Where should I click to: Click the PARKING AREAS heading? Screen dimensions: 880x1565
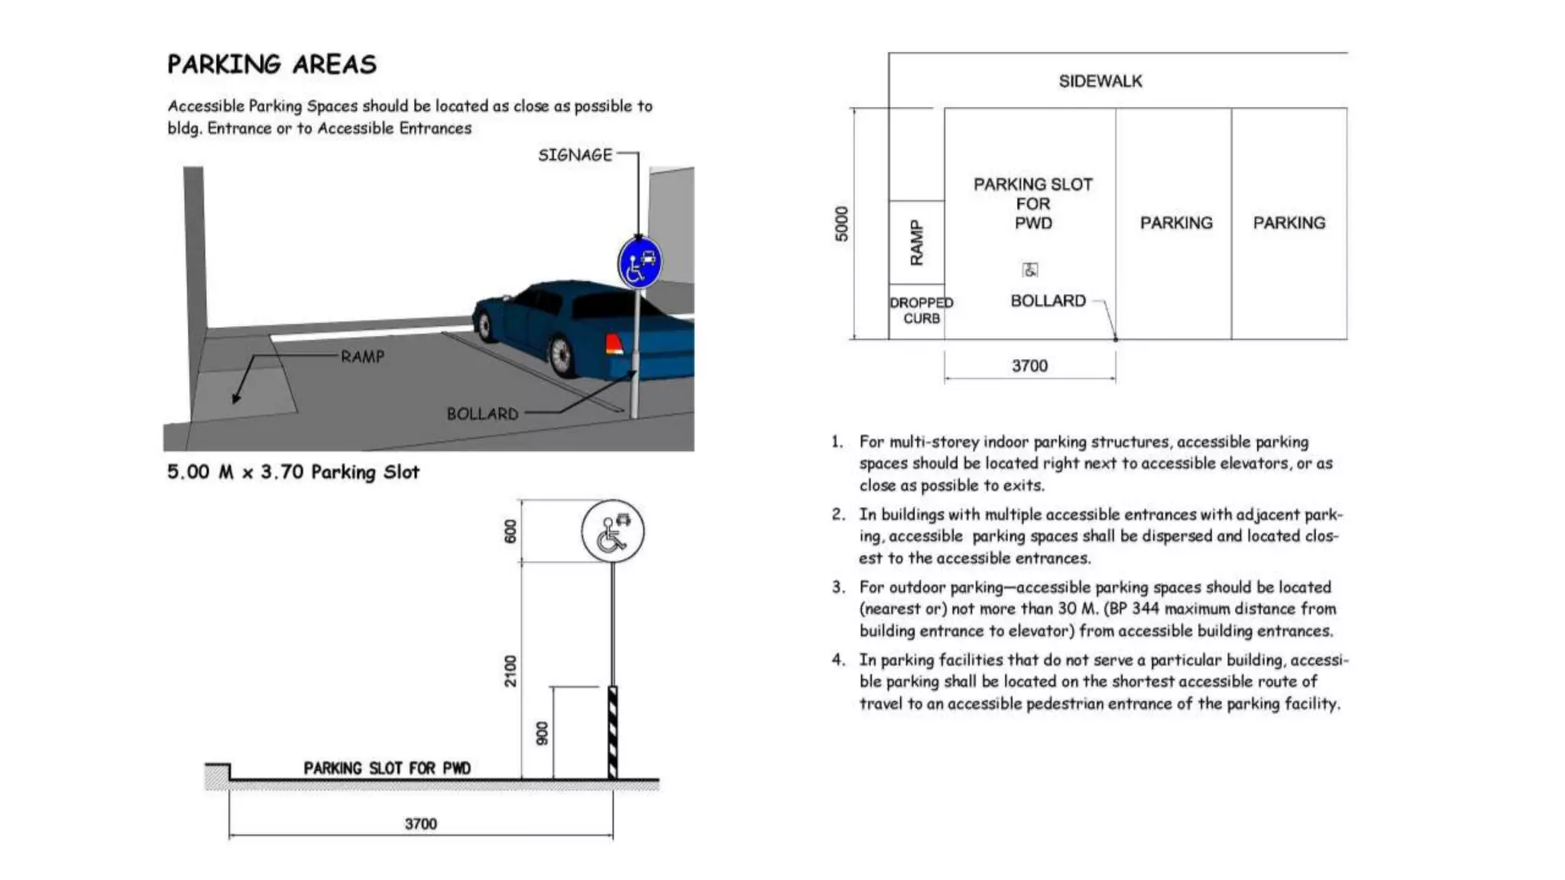[x=271, y=64]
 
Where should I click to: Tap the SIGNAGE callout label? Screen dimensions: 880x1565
[x=575, y=155]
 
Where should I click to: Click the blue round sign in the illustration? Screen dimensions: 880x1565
[x=640, y=263]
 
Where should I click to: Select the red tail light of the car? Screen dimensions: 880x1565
[x=614, y=344]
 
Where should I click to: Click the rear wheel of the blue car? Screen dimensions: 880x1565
[x=561, y=355]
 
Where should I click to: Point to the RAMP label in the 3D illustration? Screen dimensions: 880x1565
[x=362, y=357]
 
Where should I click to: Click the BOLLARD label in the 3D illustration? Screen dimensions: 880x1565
[x=482, y=414]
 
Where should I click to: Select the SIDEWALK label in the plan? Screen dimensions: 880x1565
[x=1100, y=81]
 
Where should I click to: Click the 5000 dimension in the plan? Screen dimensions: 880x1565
[x=841, y=224]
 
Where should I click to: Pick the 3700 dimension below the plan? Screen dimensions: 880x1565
[x=1029, y=366]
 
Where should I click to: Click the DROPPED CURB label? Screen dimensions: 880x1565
[x=921, y=311]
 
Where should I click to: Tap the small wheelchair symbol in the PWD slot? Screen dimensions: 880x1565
[x=1030, y=270]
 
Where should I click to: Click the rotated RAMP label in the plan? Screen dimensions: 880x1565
[x=916, y=243]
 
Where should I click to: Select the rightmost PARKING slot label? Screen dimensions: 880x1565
[x=1288, y=223]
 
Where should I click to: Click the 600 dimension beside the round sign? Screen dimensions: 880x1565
[x=510, y=531]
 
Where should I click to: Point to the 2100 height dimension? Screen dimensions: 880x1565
[x=510, y=671]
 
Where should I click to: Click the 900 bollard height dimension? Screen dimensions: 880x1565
[x=542, y=733]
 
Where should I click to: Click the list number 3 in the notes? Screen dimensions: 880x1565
[x=838, y=587]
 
